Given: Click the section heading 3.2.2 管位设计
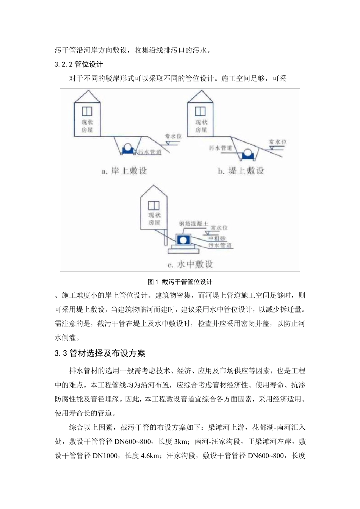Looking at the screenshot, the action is [x=79, y=64].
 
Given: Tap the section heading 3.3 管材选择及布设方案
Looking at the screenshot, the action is [x=100, y=353].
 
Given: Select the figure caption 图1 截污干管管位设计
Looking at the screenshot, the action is [x=180, y=282].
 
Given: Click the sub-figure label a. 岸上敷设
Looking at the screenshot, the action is [x=124, y=171].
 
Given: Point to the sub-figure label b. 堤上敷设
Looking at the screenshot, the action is [x=241, y=171].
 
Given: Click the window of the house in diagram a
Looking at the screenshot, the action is [x=88, y=111].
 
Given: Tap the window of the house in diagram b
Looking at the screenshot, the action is [x=200, y=111].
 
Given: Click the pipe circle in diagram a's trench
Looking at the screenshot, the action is [x=128, y=147].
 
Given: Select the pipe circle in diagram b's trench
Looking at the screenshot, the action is [x=249, y=153].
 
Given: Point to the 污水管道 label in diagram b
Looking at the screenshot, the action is [x=221, y=148].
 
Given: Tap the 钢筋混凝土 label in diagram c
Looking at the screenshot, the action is [x=193, y=224].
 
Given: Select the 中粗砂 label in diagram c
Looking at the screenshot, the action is [x=218, y=239].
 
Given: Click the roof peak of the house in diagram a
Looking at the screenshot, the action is [x=88, y=91].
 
